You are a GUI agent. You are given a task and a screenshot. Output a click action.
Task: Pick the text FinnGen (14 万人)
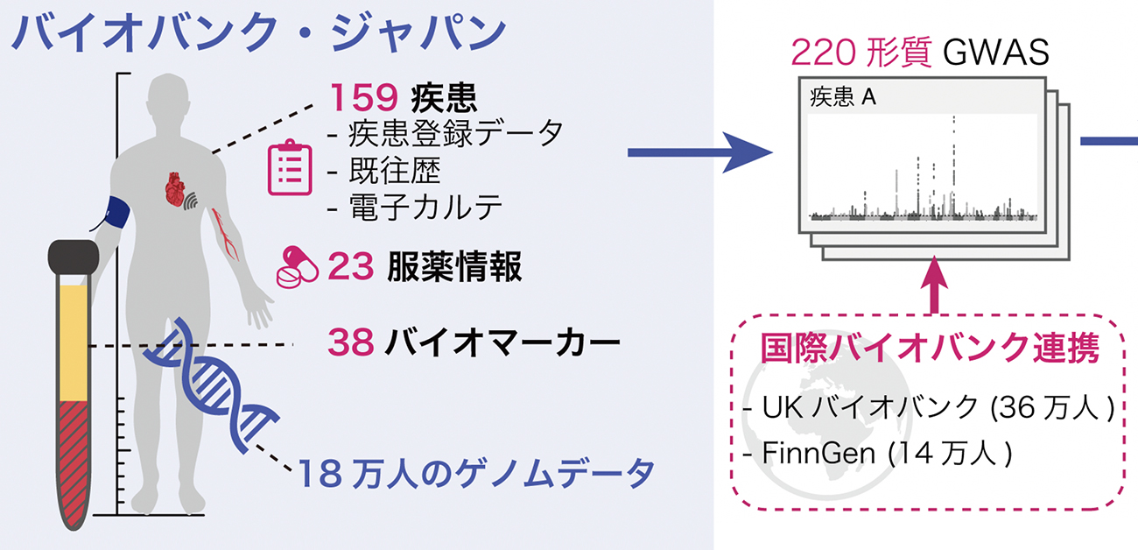tap(876, 455)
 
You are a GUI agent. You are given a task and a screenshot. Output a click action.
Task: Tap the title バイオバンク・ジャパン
tap(259, 33)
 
